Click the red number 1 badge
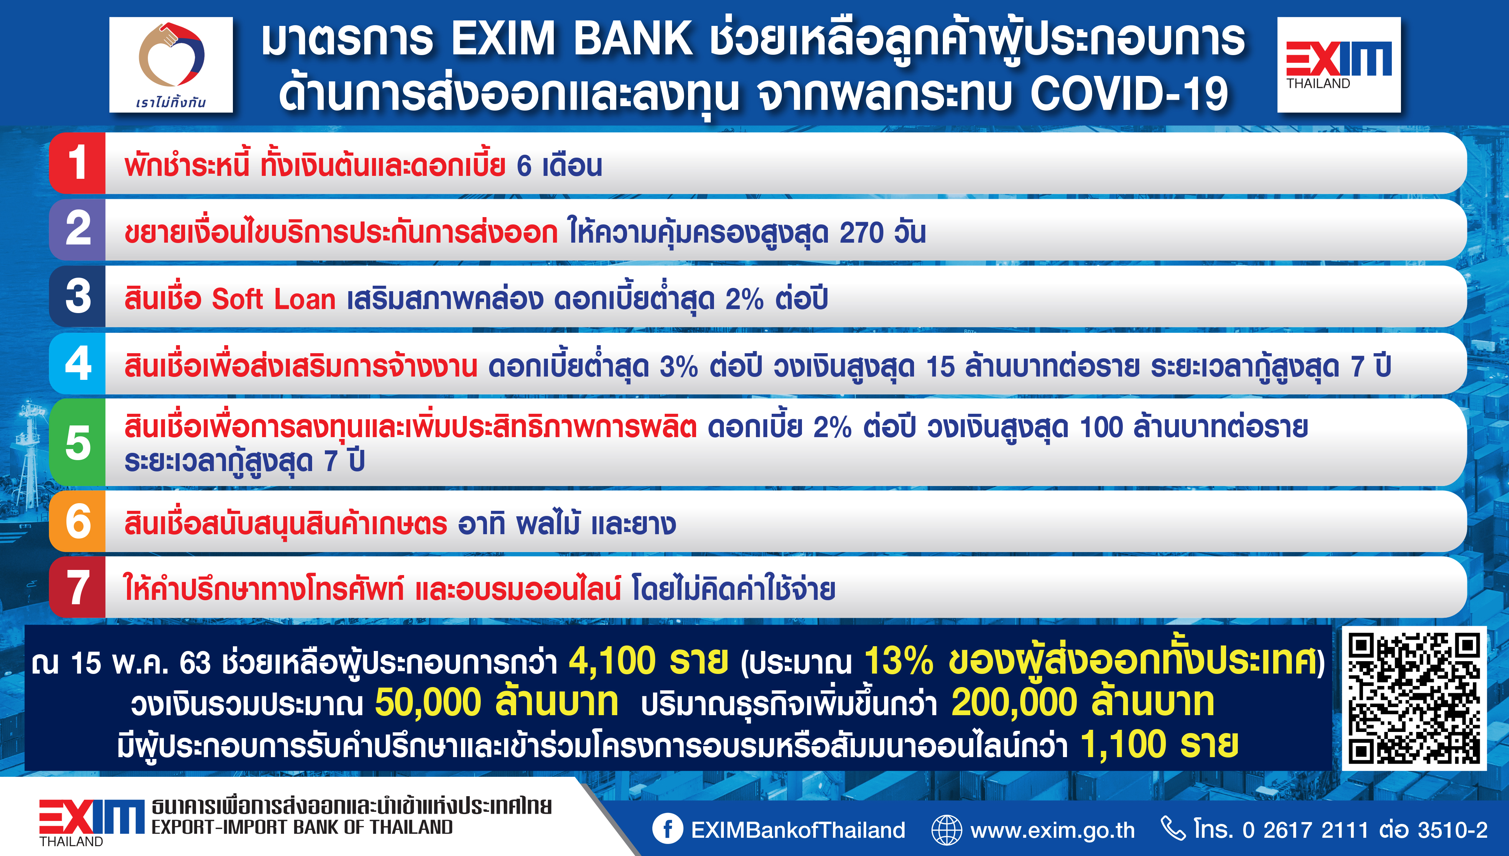click(x=78, y=163)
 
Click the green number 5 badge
click(x=78, y=443)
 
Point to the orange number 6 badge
click(x=78, y=521)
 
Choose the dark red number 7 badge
click(x=78, y=587)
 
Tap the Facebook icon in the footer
click(x=668, y=829)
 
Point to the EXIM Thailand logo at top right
click(x=1339, y=65)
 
